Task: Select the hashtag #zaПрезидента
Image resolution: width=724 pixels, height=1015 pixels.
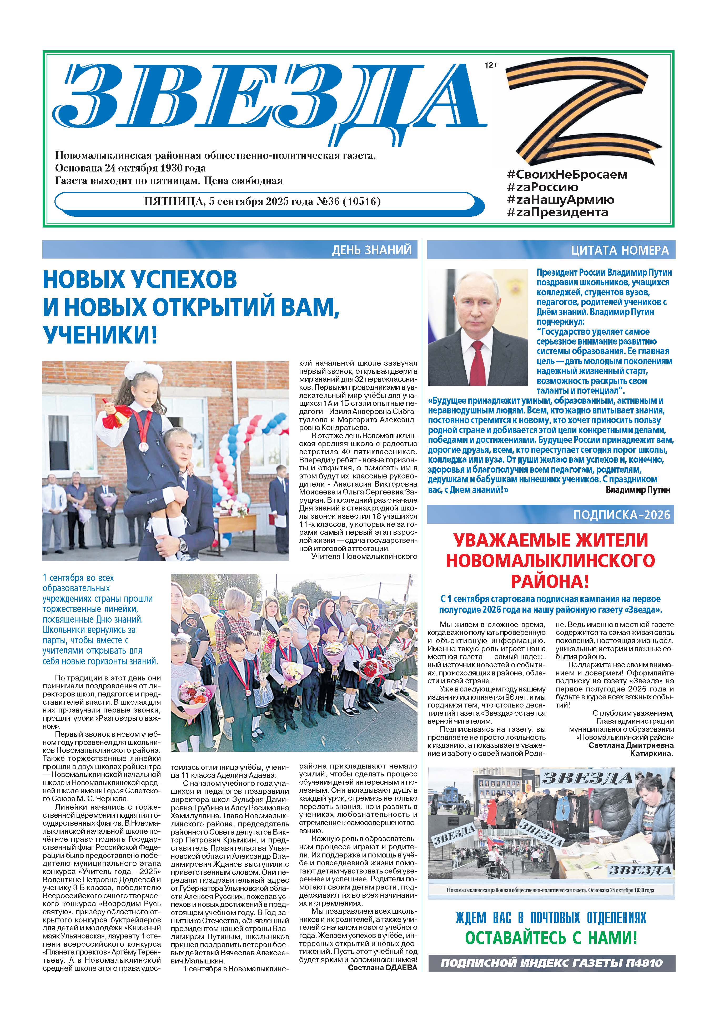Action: (x=557, y=212)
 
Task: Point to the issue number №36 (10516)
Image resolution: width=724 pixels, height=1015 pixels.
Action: (x=349, y=201)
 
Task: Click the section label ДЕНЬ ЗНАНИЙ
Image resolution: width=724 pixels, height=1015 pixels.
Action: (x=371, y=250)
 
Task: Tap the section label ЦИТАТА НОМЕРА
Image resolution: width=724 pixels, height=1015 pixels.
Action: (x=620, y=250)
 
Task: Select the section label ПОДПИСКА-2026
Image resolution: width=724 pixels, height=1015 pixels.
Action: (x=621, y=515)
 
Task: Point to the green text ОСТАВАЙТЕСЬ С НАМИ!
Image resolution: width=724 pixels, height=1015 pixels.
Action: (x=551, y=937)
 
